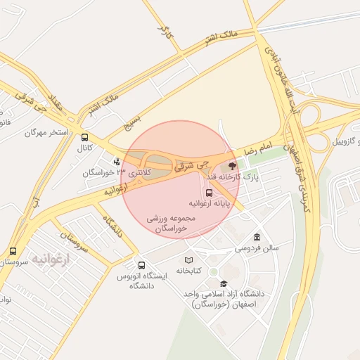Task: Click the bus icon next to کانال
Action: pos(85,138)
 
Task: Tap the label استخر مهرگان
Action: pos(47,132)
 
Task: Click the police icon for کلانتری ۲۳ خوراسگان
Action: pos(116,162)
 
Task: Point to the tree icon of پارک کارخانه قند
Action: pos(232,165)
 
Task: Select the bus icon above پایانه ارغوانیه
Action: pos(209,192)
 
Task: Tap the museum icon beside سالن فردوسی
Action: pos(257,236)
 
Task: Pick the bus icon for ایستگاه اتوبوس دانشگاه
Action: pos(142,266)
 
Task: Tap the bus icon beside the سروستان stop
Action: pos(13,251)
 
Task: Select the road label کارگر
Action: pos(166,32)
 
